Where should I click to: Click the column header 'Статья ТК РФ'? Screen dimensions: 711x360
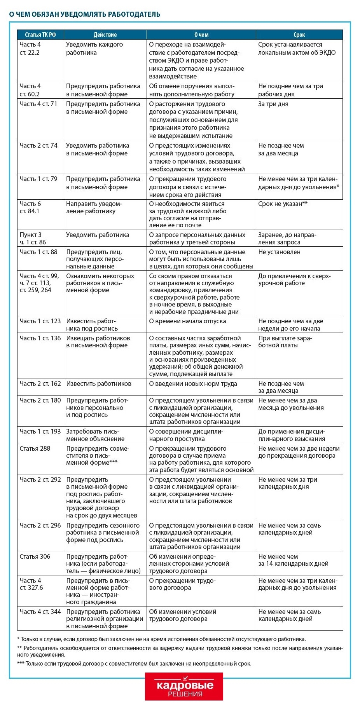tap(40, 35)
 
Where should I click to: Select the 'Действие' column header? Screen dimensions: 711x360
tap(105, 35)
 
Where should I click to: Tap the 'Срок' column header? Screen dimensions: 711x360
tap(299, 35)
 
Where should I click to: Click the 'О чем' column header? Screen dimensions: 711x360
tap(201, 35)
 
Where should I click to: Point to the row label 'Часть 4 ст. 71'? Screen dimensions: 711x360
tap(38, 104)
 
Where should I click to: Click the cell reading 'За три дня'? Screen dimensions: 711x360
tap(273, 104)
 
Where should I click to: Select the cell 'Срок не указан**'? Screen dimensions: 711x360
tap(283, 204)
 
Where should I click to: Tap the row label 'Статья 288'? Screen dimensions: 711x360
tap(35, 448)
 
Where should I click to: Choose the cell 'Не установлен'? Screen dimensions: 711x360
tap(279, 252)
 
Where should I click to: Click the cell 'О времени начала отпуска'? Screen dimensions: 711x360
tap(187, 321)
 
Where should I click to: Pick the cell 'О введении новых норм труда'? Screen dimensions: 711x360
tap(193, 383)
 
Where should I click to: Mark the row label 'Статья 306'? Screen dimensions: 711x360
tap(35, 556)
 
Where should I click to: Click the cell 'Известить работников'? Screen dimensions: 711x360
tap(99, 383)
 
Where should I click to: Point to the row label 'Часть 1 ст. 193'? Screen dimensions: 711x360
tap(40, 431)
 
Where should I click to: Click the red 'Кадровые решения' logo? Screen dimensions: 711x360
tap(184, 686)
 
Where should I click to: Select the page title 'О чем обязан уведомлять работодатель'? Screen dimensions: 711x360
tap(85, 14)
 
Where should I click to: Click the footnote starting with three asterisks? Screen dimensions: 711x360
tap(134, 664)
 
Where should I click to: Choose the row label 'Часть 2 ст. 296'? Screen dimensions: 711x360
tap(40, 525)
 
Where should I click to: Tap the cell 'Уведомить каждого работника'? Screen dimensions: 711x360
tap(94, 49)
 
